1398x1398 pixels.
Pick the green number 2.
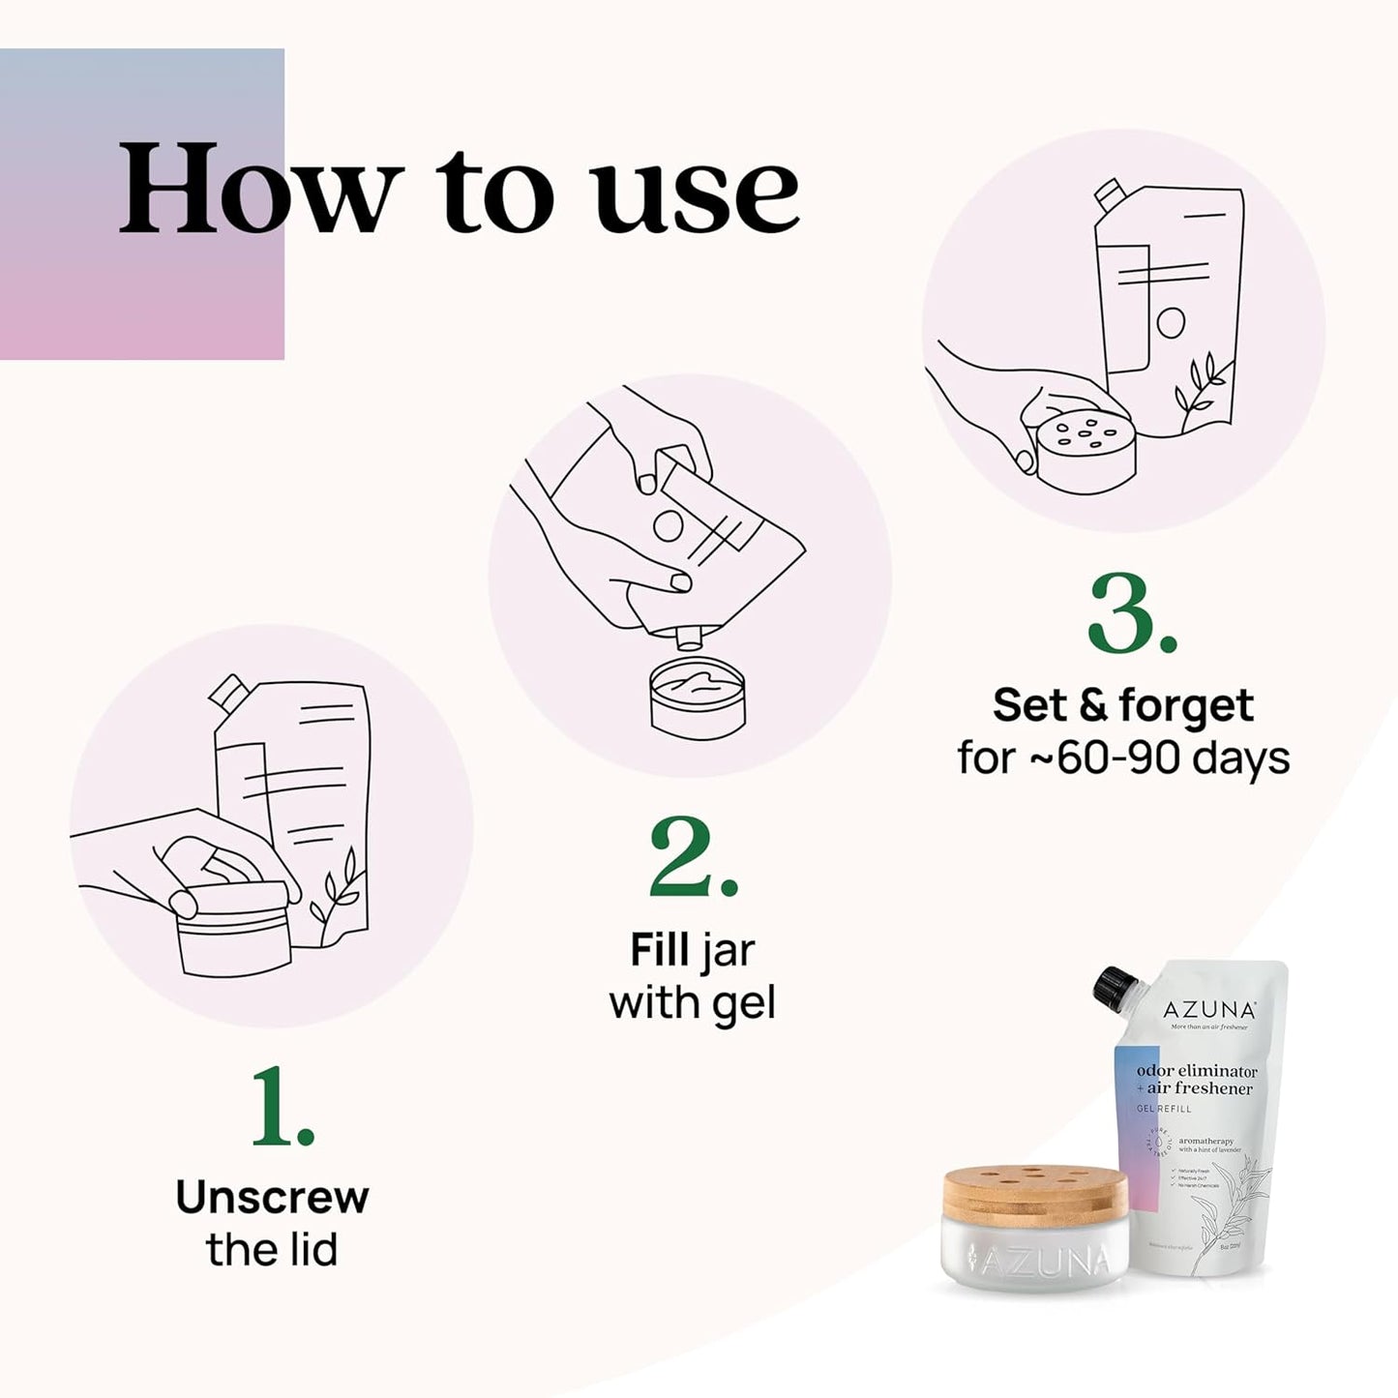pyautogui.click(x=692, y=859)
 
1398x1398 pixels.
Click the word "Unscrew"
pyautogui.click(x=272, y=1198)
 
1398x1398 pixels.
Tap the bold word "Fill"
pyautogui.click(x=660, y=950)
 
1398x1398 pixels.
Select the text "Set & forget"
pyautogui.click(x=1122, y=705)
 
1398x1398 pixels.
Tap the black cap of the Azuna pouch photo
pyautogui.click(x=1113, y=985)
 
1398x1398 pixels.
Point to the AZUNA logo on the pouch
pyautogui.click(x=1209, y=1010)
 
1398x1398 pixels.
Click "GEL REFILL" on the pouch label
pyautogui.click(x=1164, y=1109)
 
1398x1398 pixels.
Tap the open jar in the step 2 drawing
pyautogui.click(x=698, y=698)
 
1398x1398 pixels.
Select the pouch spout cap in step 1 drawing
pyautogui.click(x=228, y=691)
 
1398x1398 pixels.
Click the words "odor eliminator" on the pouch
pyautogui.click(x=1197, y=1071)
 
